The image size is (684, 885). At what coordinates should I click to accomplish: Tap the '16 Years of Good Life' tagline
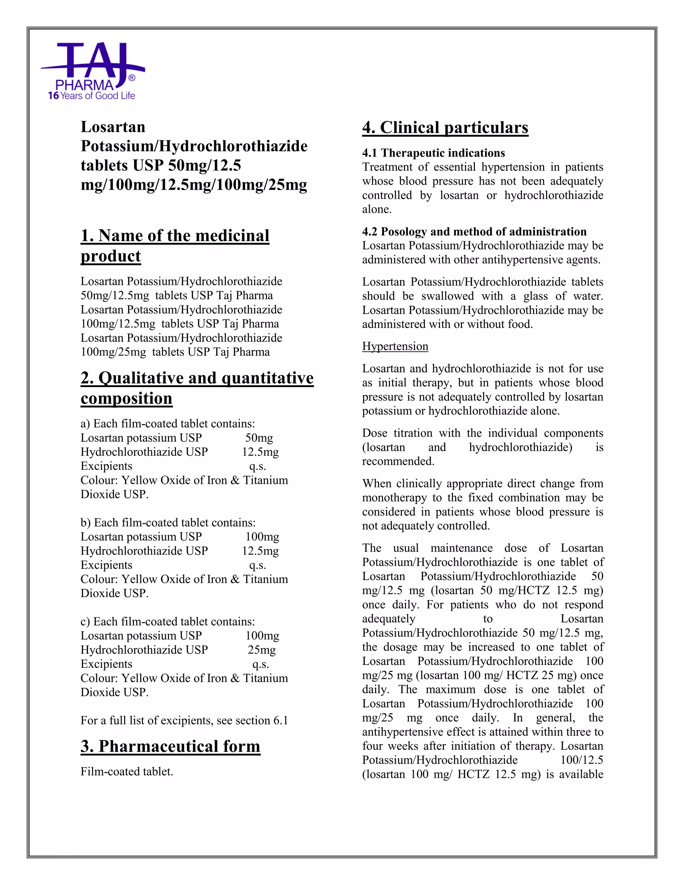click(x=92, y=96)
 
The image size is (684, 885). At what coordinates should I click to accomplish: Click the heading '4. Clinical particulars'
click(x=445, y=128)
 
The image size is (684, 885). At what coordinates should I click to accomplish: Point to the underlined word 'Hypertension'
click(x=395, y=346)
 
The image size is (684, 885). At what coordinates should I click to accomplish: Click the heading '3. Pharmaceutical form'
click(x=170, y=746)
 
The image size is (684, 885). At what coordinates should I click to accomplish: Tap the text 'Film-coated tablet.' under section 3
click(x=127, y=771)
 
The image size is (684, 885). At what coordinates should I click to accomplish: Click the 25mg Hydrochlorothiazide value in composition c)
click(x=262, y=650)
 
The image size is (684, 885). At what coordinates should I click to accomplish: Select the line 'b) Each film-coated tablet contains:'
click(x=168, y=523)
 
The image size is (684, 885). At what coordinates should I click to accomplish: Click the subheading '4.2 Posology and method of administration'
click(x=474, y=232)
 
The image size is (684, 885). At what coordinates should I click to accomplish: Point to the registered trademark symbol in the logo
click(x=132, y=78)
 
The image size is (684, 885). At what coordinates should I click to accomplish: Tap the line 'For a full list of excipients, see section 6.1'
click(x=184, y=720)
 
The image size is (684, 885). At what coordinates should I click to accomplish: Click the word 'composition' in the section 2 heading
click(x=127, y=399)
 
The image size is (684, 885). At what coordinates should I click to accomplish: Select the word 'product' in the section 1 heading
click(x=111, y=256)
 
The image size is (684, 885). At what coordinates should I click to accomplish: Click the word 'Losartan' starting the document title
click(x=113, y=127)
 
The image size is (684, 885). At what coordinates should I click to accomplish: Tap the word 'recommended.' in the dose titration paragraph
click(x=398, y=462)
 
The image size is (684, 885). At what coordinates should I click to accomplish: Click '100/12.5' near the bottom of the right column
click(x=581, y=760)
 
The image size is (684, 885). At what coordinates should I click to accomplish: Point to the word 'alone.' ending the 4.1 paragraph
click(x=376, y=209)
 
